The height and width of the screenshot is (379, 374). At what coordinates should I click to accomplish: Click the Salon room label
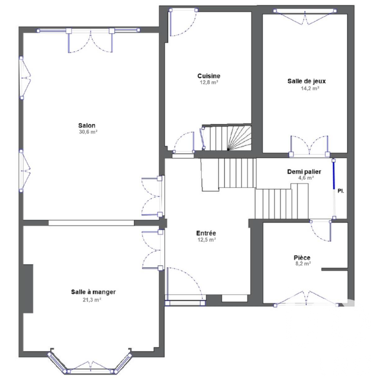click(x=87, y=126)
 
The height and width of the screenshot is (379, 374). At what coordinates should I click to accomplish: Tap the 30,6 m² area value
click(x=87, y=132)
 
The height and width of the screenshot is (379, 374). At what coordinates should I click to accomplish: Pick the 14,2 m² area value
click(x=310, y=88)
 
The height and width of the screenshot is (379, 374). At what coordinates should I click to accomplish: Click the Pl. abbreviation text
click(x=340, y=190)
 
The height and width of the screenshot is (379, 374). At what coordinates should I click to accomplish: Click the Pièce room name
click(x=302, y=257)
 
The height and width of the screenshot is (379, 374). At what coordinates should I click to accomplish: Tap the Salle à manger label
click(x=93, y=292)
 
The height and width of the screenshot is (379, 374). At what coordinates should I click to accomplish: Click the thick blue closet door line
click(x=334, y=175)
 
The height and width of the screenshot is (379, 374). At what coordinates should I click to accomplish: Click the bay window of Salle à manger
click(x=90, y=367)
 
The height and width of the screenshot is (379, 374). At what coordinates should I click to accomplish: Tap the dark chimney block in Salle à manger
click(x=28, y=288)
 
